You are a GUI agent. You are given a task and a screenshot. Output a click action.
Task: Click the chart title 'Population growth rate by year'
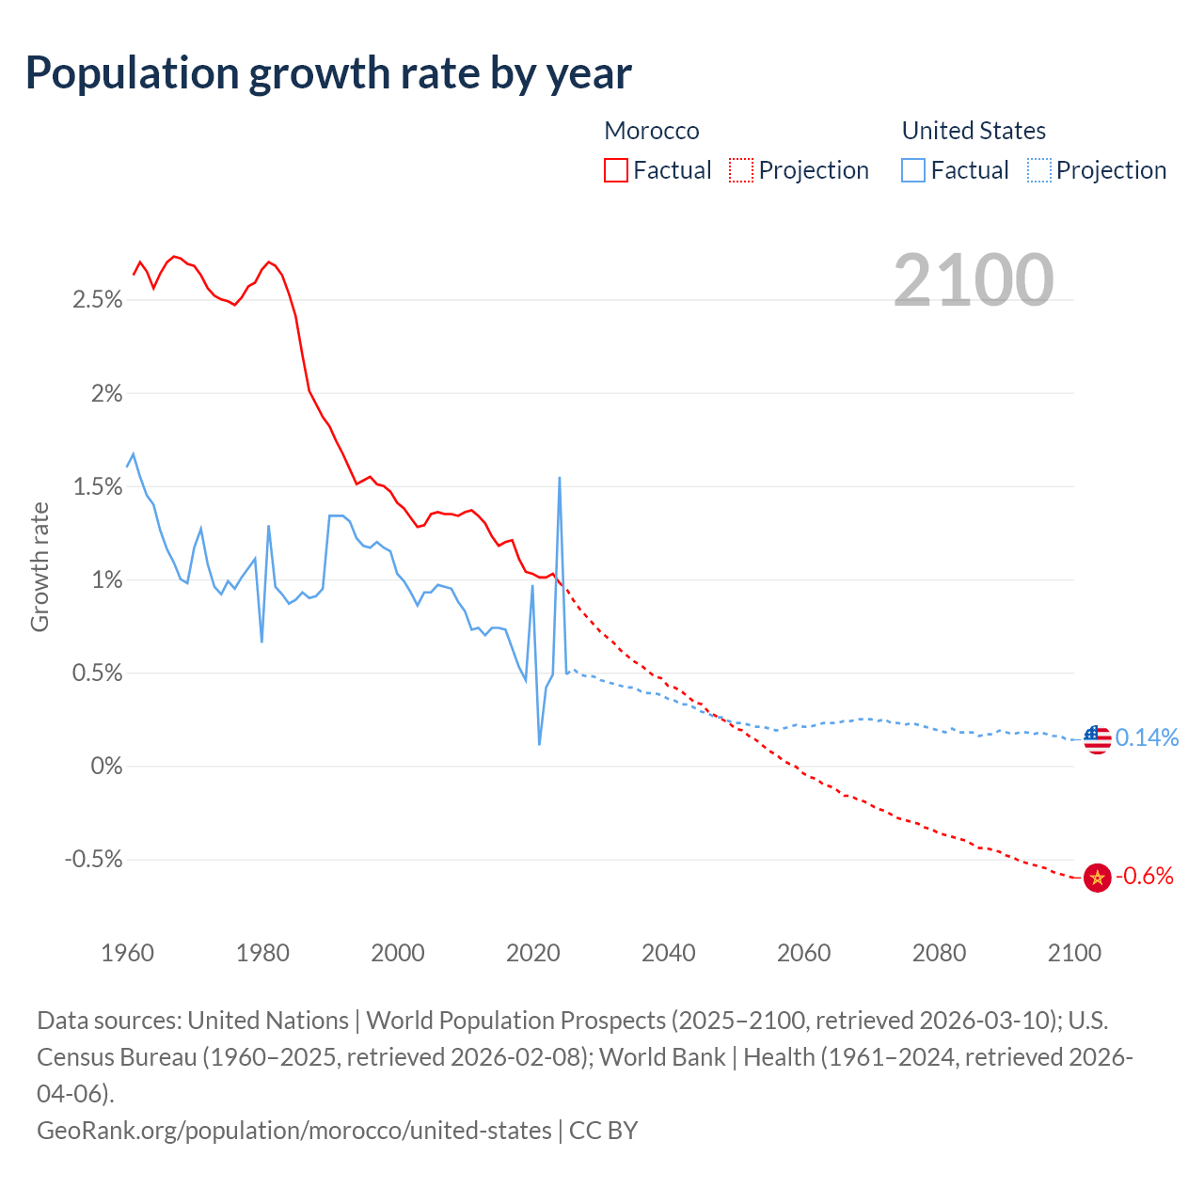pyautogui.click(x=328, y=73)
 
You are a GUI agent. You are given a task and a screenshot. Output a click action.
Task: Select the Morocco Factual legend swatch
pyautogui.click(x=615, y=170)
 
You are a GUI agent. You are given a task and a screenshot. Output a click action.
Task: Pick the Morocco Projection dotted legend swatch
pyautogui.click(x=741, y=170)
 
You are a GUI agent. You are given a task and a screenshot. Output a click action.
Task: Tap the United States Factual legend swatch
pyautogui.click(x=912, y=170)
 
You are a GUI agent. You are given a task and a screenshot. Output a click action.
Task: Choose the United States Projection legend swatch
pyautogui.click(x=1038, y=170)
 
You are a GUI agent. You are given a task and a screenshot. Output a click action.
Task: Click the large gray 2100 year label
pyautogui.click(x=974, y=280)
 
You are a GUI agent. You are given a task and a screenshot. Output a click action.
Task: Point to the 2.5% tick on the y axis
pyautogui.click(x=98, y=300)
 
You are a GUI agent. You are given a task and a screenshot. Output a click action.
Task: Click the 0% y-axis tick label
pyautogui.click(x=106, y=767)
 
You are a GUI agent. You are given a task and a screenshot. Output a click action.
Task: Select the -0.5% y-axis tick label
pyautogui.click(x=94, y=860)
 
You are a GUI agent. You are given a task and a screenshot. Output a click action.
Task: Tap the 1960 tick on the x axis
pyautogui.click(x=127, y=953)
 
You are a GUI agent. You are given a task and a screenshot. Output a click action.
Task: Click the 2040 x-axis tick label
pyautogui.click(x=668, y=953)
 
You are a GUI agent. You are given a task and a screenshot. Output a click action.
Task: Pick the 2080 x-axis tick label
pyautogui.click(x=939, y=953)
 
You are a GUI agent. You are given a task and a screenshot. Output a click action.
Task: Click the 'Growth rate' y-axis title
pyautogui.click(x=40, y=567)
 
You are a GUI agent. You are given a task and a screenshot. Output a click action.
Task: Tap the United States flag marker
pyautogui.click(x=1097, y=739)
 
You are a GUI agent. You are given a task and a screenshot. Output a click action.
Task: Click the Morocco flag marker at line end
pyautogui.click(x=1097, y=878)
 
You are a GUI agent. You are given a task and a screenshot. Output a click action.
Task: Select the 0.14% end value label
pyautogui.click(x=1147, y=737)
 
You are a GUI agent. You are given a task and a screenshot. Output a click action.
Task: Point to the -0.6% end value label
pyautogui.click(x=1145, y=877)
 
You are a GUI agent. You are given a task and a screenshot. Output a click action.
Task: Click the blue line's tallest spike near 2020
pyautogui.click(x=560, y=479)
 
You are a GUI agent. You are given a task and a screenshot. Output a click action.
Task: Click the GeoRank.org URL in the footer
pyautogui.click(x=294, y=1130)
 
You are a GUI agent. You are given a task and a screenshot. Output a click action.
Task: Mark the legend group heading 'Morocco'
pyautogui.click(x=652, y=131)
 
